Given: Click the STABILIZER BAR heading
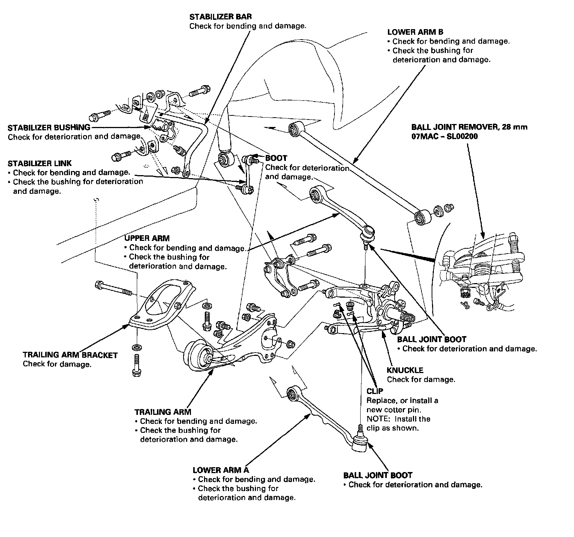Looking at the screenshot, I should click(x=220, y=17).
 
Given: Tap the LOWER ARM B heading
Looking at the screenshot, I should click(x=415, y=32).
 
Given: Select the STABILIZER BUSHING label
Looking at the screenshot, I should click(x=49, y=128).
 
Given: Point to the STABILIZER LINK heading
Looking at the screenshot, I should click(x=40, y=163).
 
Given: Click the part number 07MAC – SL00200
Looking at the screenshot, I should click(x=444, y=136).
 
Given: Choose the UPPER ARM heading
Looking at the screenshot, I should click(x=146, y=238).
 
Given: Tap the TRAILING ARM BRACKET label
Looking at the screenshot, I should click(x=70, y=355).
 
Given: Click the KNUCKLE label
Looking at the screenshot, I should click(x=405, y=370).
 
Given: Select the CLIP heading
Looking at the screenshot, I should click(x=375, y=391).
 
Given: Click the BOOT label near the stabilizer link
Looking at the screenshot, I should click(x=276, y=158).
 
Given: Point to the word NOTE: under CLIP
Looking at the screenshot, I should click(x=377, y=419).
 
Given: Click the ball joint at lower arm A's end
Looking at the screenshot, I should click(x=360, y=444).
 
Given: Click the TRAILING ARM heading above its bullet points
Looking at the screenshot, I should click(x=163, y=412).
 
